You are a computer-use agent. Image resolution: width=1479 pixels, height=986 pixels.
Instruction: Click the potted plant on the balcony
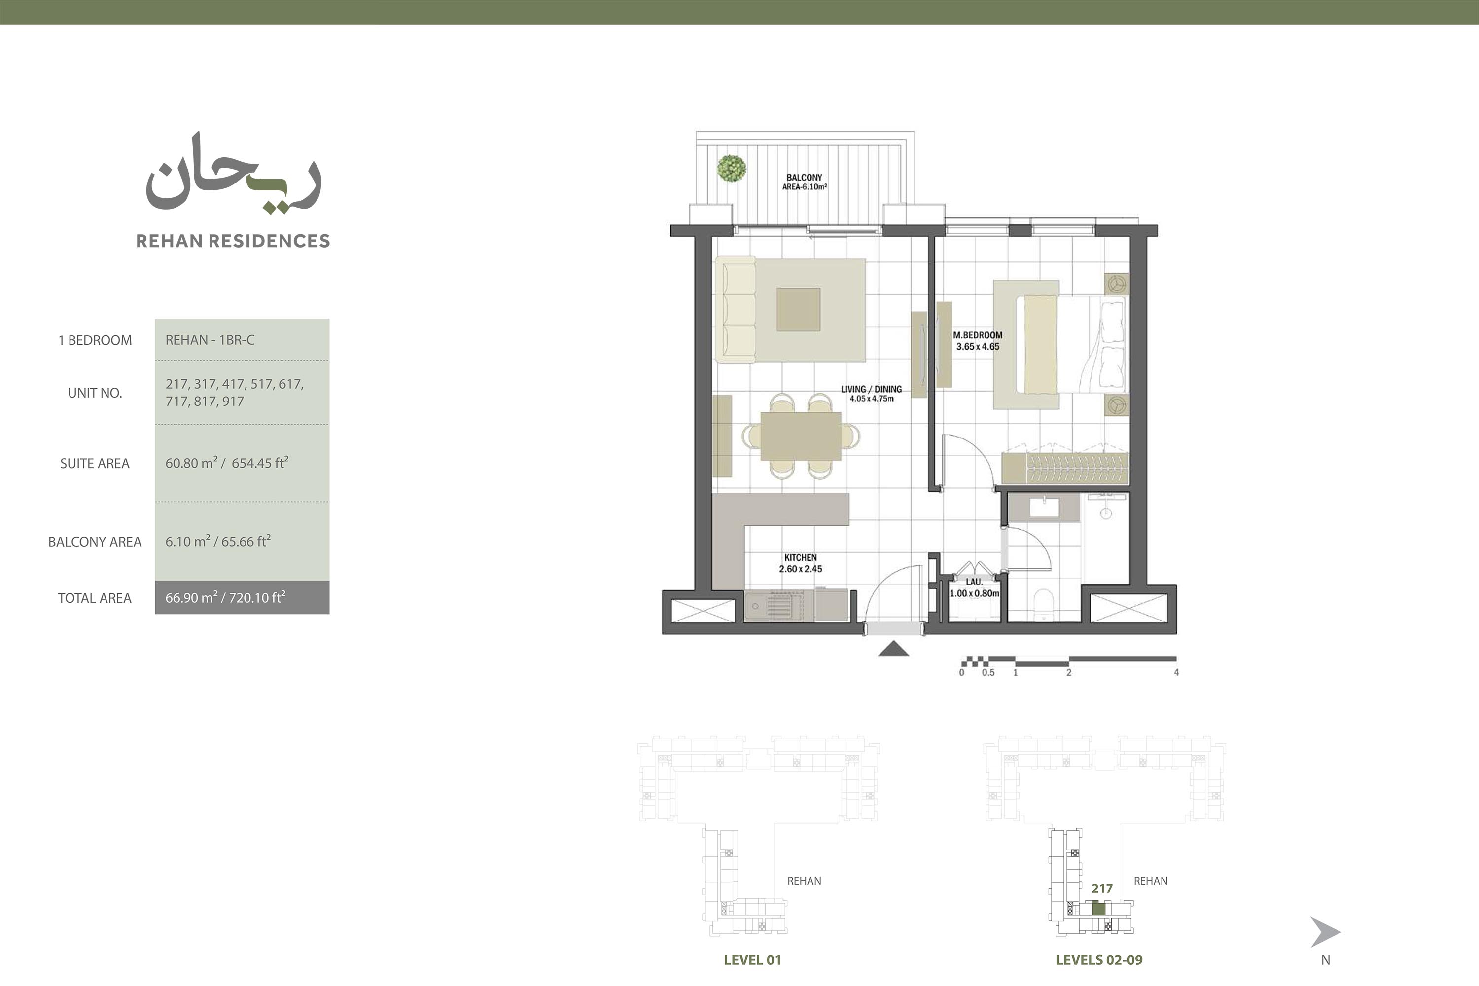click(732, 169)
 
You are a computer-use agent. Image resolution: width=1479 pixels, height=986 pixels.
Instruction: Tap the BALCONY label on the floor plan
click(804, 178)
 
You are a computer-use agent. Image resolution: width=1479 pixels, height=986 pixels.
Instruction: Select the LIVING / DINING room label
click(871, 389)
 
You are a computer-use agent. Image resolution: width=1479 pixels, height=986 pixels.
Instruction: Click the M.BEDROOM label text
click(978, 335)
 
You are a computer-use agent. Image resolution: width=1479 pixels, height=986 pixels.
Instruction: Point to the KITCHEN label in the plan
click(800, 557)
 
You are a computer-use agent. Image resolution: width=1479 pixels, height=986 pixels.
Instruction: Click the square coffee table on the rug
click(798, 309)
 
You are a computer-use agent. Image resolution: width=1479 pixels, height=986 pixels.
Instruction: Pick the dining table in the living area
click(800, 436)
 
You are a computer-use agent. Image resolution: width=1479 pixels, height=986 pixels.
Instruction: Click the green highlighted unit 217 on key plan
click(1098, 909)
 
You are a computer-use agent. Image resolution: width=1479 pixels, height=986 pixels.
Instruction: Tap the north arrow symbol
click(1324, 932)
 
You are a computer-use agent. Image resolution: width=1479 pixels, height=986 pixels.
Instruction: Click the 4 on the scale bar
click(1176, 672)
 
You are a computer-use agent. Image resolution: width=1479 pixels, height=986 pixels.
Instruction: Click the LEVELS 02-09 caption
click(1099, 959)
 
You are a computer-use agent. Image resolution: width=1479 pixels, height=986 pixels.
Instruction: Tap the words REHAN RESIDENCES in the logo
click(233, 241)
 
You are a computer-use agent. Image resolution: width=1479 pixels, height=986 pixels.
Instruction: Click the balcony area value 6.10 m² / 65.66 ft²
click(218, 541)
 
